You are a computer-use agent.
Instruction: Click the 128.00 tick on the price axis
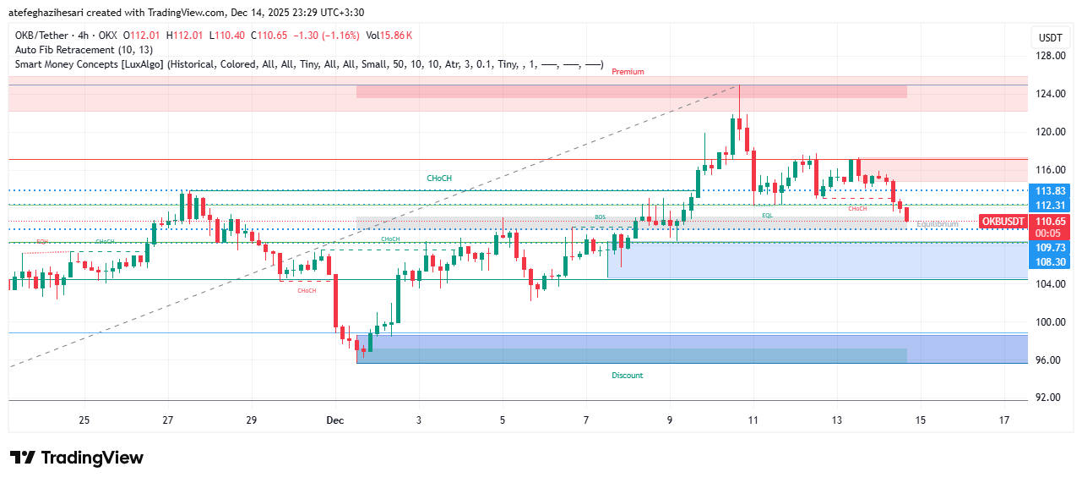point(1049,56)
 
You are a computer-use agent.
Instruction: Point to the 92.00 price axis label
point(1049,398)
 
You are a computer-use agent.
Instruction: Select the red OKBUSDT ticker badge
point(1003,222)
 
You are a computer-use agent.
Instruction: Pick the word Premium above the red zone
point(628,72)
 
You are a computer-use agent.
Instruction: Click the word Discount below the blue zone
point(627,375)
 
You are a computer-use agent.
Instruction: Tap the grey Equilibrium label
point(937,224)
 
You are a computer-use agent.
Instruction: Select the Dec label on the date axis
point(334,420)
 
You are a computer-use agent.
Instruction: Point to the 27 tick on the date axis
point(168,420)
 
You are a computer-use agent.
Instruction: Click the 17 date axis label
point(1004,420)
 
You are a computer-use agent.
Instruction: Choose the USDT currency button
point(1050,38)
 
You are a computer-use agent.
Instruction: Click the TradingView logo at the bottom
point(77,458)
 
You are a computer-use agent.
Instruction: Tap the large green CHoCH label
point(439,178)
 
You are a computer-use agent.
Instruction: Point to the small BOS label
point(600,217)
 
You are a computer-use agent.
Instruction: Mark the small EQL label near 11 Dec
point(767,216)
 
